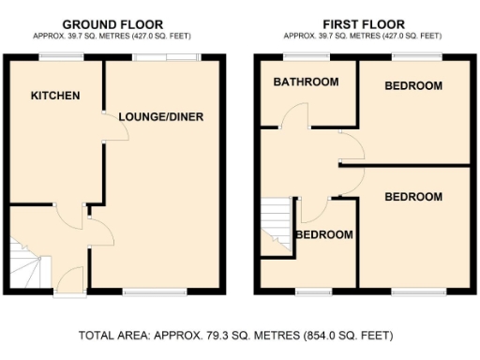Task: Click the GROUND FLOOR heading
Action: coord(112,23)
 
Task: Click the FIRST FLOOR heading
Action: coord(364,23)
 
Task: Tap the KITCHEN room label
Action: coord(54,96)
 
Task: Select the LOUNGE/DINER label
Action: coord(161,116)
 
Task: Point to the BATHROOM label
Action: coord(306,82)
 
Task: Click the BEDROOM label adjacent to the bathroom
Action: coord(413,86)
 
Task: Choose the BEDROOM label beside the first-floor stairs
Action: coord(324,234)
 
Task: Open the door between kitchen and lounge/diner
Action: coord(114,131)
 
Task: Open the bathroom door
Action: coord(297,116)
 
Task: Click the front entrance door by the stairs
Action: coord(69,280)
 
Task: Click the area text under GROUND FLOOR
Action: coord(112,35)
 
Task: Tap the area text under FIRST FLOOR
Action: coord(364,35)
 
